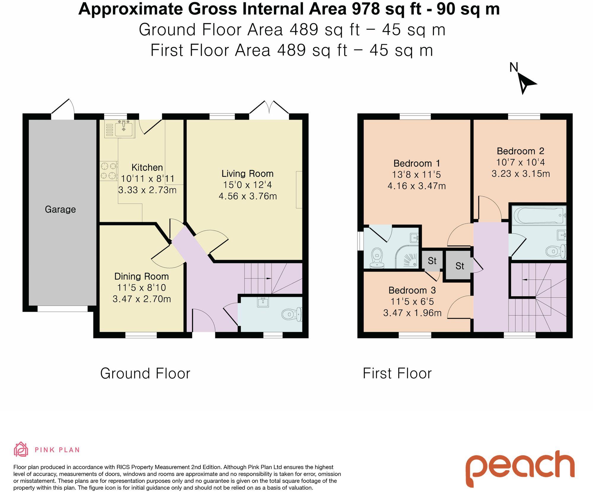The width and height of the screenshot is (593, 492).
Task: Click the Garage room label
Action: (x=60, y=209)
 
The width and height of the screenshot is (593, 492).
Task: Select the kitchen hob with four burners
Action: (x=109, y=171)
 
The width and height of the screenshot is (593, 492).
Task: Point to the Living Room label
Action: (x=248, y=173)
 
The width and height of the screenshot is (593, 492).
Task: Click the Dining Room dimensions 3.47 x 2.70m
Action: (x=142, y=299)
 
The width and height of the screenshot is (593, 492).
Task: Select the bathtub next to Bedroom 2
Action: (x=540, y=215)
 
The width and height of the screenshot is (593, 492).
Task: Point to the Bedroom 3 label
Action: (x=412, y=290)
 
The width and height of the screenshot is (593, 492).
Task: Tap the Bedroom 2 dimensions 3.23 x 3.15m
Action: (x=521, y=173)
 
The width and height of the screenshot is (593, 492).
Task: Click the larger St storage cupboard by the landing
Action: (x=459, y=266)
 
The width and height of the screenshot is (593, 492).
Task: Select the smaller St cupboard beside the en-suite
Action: (x=432, y=261)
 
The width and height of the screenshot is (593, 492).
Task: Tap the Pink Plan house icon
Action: (x=21, y=450)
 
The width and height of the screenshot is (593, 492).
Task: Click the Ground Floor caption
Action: (x=145, y=373)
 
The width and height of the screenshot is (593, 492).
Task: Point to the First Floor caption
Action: (x=397, y=373)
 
